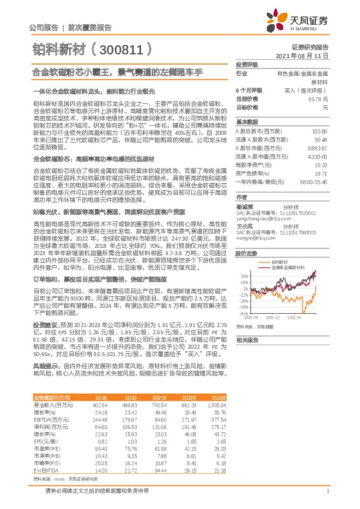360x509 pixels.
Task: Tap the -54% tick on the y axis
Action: click(241, 314)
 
